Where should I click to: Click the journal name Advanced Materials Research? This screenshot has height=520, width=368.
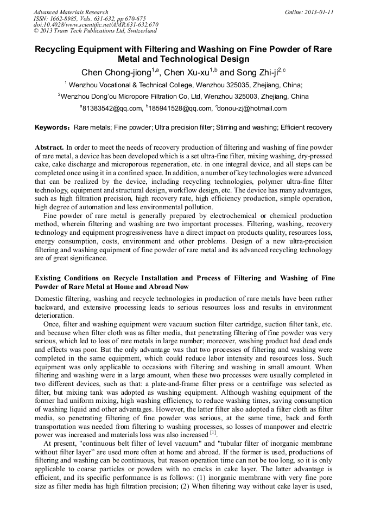pyautogui.click(x=71, y=12)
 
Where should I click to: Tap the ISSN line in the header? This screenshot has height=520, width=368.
pyautogui.click(x=90, y=18)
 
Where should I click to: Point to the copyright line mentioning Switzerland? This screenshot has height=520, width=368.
pyautogui.click(x=95, y=31)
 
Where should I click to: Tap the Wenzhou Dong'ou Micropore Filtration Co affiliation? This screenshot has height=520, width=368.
pyautogui.click(x=185, y=97)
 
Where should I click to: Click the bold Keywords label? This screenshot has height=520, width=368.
pyautogui.click(x=53, y=128)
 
